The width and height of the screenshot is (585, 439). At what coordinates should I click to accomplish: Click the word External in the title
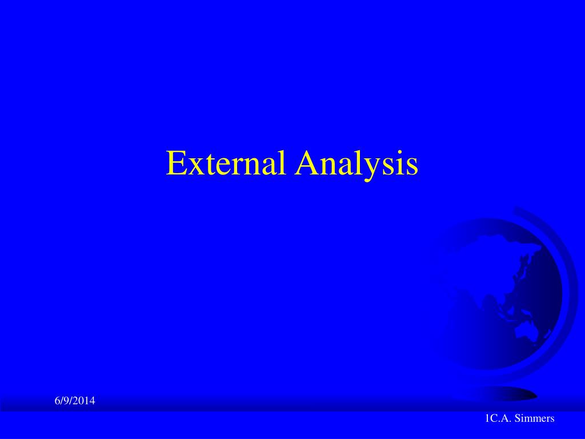tap(226, 163)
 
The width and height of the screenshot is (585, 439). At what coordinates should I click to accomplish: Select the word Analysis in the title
tap(356, 166)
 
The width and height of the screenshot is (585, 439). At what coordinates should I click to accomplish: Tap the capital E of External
tap(176, 163)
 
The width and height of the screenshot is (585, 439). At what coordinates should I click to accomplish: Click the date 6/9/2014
tap(75, 401)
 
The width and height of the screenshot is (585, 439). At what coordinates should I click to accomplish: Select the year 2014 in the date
tap(85, 401)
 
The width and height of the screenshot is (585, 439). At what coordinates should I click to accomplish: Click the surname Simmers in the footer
tap(534, 418)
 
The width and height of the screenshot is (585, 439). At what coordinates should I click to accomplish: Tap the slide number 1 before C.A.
tap(487, 418)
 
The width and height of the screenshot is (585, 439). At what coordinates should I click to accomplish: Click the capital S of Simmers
tap(518, 418)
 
